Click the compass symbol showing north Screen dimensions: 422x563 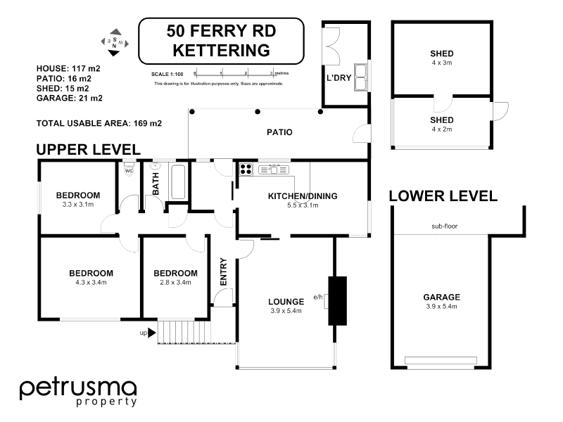114,42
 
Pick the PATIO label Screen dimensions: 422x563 279,132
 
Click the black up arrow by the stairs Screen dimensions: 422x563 152,333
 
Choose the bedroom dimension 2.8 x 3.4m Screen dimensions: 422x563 175,283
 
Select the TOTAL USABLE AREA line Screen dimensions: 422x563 99,123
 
